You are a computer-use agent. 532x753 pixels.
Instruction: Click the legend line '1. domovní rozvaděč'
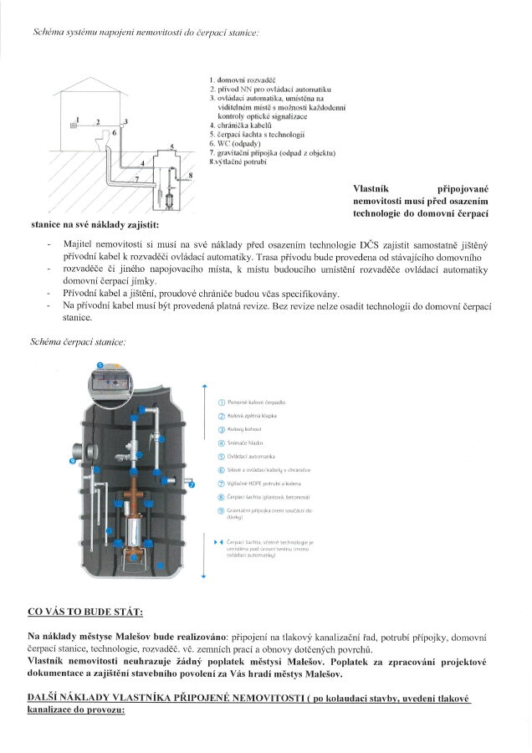243,79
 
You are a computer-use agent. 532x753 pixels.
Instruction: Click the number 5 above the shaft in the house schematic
171,146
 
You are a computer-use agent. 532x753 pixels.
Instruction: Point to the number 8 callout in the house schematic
191,174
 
